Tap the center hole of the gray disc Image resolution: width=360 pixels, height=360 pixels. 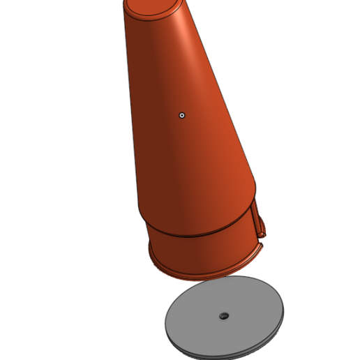pyautogui.click(x=223, y=316)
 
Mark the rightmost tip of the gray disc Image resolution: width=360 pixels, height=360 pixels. pyautogui.click(x=285, y=311)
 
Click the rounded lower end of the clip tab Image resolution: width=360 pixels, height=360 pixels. pyautogui.click(x=263, y=232)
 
